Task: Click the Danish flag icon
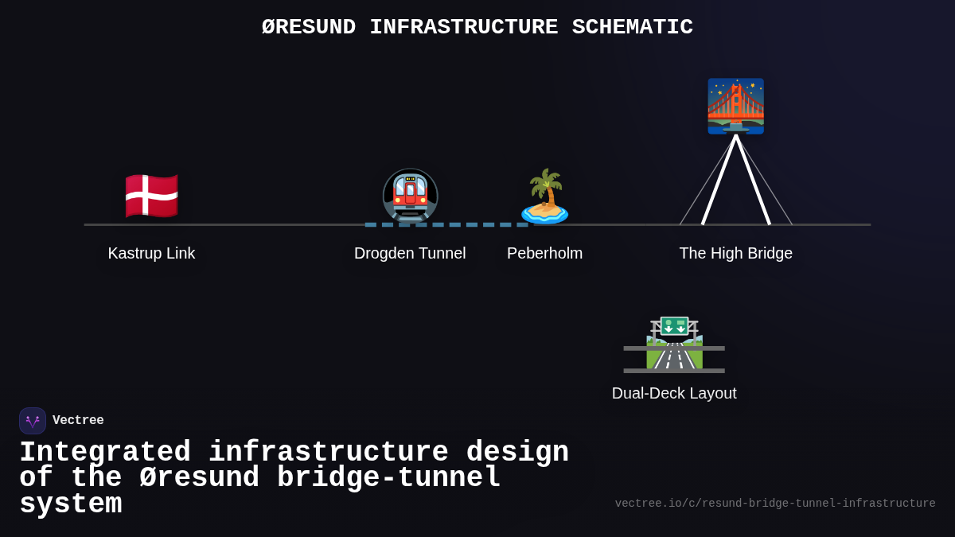[151, 196]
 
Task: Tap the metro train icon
[410, 196]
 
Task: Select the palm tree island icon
[545, 196]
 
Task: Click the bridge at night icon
[735, 106]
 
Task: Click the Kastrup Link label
[151, 253]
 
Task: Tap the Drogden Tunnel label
[410, 253]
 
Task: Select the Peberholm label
[545, 253]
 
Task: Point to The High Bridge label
[735, 253]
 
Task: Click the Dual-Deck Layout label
[674, 393]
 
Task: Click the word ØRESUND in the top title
[308, 27]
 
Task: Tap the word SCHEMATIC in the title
[632, 27]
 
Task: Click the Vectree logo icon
[33, 421]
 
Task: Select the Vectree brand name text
[78, 421]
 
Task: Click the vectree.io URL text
[774, 504]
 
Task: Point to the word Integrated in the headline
[105, 453]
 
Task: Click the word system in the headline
[70, 504]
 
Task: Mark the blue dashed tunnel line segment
[446, 224]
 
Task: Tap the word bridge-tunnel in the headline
[389, 478]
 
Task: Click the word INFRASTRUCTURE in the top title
[464, 27]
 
